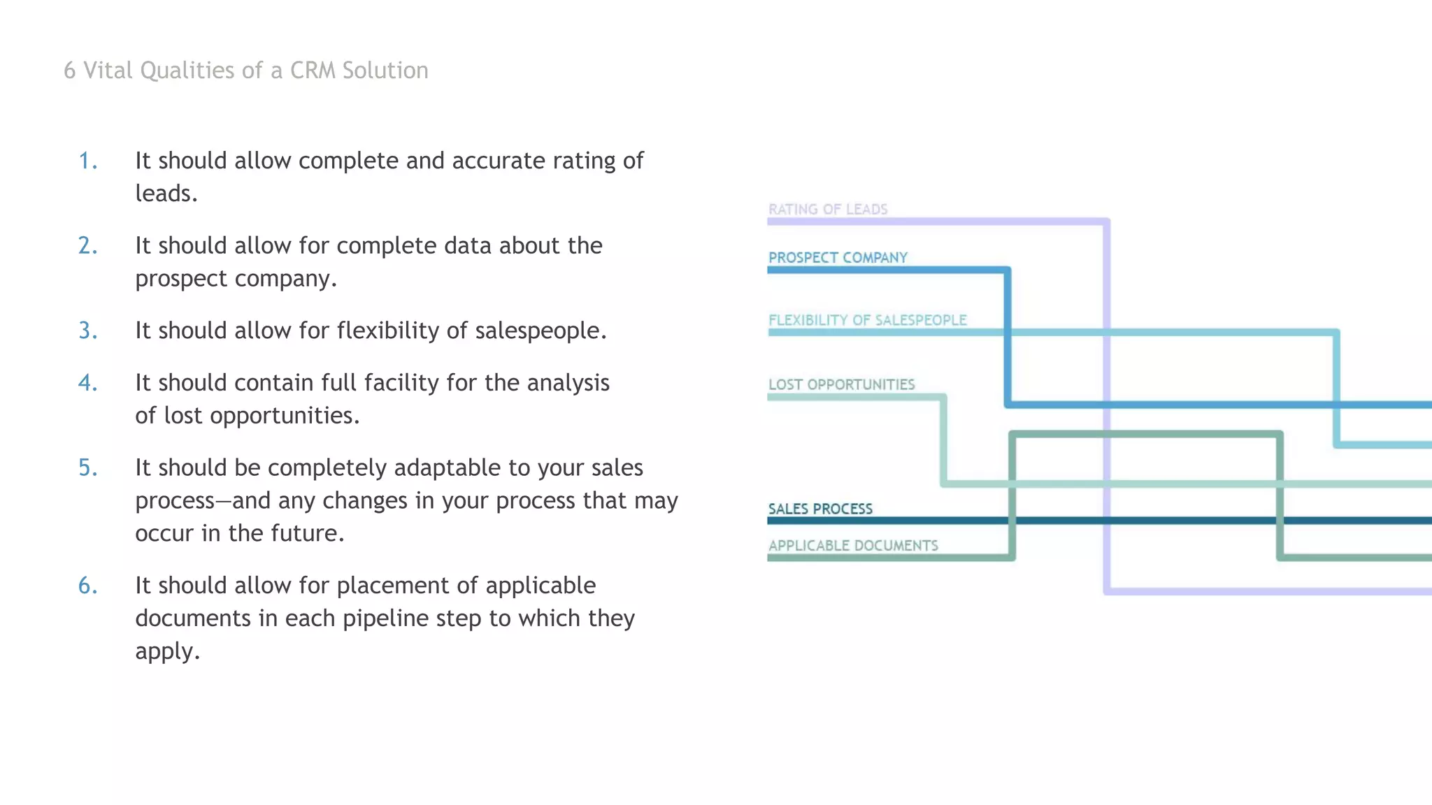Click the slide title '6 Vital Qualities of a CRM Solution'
pyautogui.click(x=246, y=71)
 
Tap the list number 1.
pyautogui.click(x=87, y=161)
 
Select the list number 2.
pyautogui.click(x=87, y=246)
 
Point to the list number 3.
pyautogui.click(x=87, y=331)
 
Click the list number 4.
pyautogui.click(x=87, y=383)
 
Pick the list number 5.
pyautogui.click(x=87, y=467)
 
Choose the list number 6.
pyautogui.click(x=87, y=586)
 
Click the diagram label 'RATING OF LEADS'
pyautogui.click(x=828, y=209)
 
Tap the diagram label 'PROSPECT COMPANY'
pyautogui.click(x=838, y=257)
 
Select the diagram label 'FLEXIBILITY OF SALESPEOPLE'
pyautogui.click(x=868, y=320)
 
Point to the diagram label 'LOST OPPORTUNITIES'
pyautogui.click(x=841, y=384)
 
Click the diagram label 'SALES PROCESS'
pyautogui.click(x=820, y=509)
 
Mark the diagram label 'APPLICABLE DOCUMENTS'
pyautogui.click(x=853, y=545)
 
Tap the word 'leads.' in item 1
pyautogui.click(x=166, y=194)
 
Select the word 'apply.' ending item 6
pyautogui.click(x=168, y=652)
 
